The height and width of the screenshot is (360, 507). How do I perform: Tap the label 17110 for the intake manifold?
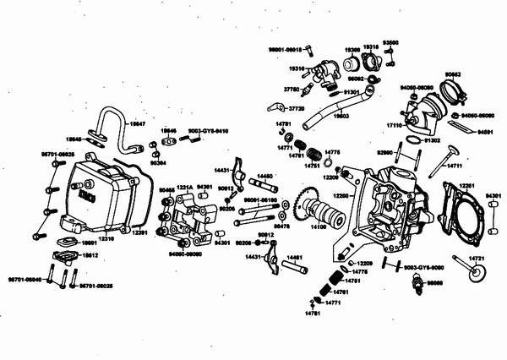coord(395,124)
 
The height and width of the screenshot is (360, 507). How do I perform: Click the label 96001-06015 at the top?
coord(286,50)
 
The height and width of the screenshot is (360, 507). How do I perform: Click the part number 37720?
coord(296,109)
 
